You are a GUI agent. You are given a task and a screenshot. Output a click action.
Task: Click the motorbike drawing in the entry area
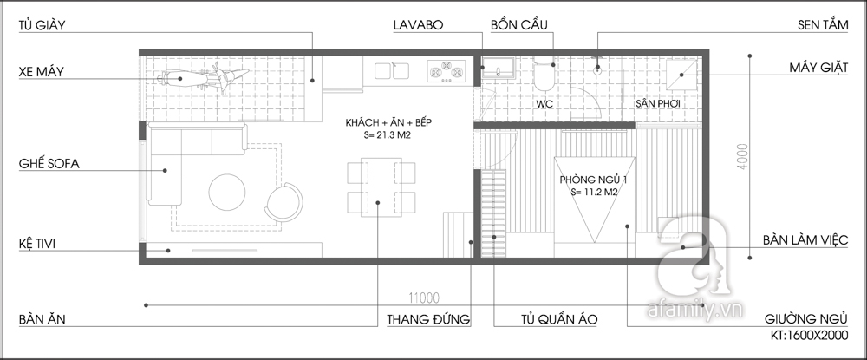click(x=202, y=79)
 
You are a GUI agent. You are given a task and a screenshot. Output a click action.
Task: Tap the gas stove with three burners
click(x=447, y=72)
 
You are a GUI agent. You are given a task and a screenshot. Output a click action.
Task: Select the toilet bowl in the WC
click(x=544, y=75)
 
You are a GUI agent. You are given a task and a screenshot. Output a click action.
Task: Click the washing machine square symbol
click(x=681, y=75)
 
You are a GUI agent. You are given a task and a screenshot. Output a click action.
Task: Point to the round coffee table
click(x=226, y=193)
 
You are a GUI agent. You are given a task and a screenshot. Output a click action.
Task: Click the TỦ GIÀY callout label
click(x=42, y=25)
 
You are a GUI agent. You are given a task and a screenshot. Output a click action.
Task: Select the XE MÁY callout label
click(x=41, y=72)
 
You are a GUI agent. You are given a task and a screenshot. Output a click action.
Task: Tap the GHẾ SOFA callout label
click(x=49, y=164)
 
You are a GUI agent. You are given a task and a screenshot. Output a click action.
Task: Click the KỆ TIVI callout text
click(x=37, y=244)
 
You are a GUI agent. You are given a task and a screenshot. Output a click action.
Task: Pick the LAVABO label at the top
click(x=418, y=25)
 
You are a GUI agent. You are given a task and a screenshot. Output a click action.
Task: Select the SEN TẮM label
click(x=823, y=25)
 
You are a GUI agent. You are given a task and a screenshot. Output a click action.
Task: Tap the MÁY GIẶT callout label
click(x=818, y=68)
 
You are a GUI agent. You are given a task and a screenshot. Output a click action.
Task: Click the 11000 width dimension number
click(x=424, y=298)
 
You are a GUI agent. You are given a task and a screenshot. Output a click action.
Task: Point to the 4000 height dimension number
click(x=742, y=156)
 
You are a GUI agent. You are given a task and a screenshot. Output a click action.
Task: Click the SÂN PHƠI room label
click(x=657, y=103)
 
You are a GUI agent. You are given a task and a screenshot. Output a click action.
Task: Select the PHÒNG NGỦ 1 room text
click(x=593, y=180)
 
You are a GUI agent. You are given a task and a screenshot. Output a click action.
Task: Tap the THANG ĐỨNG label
click(x=428, y=319)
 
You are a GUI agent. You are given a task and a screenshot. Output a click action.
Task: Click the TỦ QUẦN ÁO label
click(x=559, y=319)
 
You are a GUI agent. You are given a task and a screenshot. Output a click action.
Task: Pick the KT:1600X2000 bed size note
click(x=810, y=335)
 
